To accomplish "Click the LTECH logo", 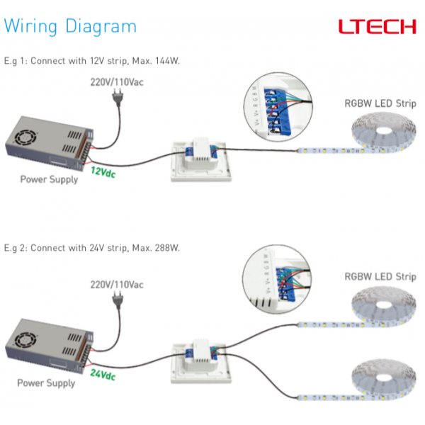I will click(376, 27).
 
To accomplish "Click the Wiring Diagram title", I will click(70, 27).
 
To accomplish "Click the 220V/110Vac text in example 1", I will click(115, 81).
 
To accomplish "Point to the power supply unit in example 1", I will click(47, 144).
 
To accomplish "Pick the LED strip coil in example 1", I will click(382, 135).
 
